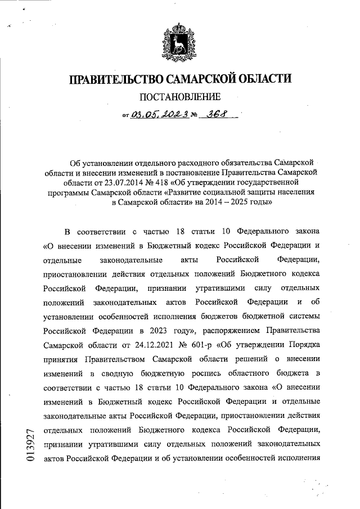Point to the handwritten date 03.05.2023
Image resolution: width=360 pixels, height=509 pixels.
pyautogui.click(x=159, y=115)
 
